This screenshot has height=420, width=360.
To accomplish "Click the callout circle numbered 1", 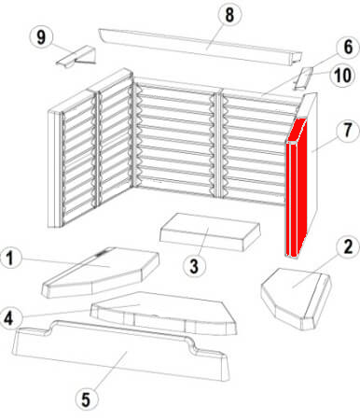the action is pyautogui.click(x=10, y=259).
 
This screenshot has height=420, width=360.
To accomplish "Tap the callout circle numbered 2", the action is pyautogui.click(x=348, y=247).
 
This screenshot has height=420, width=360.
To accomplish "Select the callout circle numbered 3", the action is pyautogui.click(x=194, y=266).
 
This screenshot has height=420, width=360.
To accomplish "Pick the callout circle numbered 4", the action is pyautogui.click(x=9, y=318).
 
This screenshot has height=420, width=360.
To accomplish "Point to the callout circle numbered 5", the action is pyautogui.click(x=86, y=399).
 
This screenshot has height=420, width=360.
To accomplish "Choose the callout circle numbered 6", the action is pyautogui.click(x=348, y=48).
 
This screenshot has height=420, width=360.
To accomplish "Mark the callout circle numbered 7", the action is pyautogui.click(x=348, y=130).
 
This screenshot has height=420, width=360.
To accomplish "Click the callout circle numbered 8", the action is pyautogui.click(x=229, y=15).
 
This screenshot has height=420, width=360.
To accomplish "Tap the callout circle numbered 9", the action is pyautogui.click(x=41, y=37).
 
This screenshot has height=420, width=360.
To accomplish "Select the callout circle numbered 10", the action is pyautogui.click(x=342, y=76).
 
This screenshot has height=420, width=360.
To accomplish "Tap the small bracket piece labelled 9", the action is pyautogui.click(x=76, y=56).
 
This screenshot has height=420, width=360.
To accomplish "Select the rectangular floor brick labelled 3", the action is pyautogui.click(x=210, y=232).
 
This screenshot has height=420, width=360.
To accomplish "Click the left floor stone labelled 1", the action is pyautogui.click(x=100, y=272).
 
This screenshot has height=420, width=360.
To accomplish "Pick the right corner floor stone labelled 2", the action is pyautogui.click(x=296, y=298).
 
